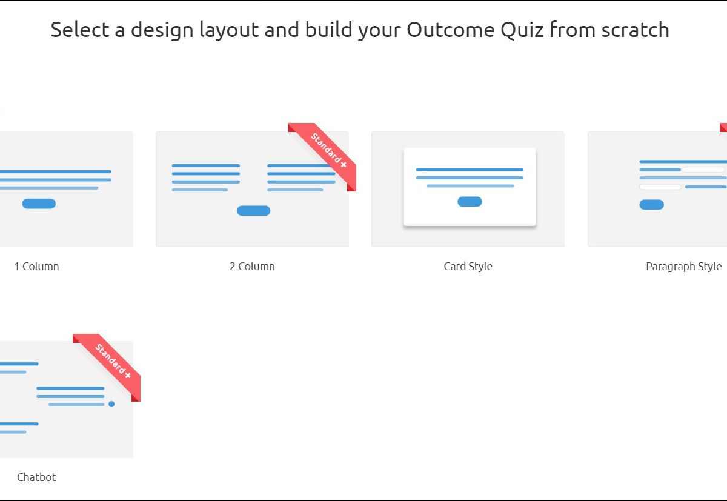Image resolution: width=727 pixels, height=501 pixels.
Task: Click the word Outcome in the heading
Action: click(451, 30)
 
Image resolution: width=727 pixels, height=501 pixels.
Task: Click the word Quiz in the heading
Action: click(522, 30)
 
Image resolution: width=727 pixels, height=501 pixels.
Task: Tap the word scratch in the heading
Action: click(635, 29)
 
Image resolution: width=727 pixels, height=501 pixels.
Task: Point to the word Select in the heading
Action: click(80, 30)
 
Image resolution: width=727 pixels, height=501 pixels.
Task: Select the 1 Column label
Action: click(37, 267)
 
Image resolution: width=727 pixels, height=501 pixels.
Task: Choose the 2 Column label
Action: click(252, 267)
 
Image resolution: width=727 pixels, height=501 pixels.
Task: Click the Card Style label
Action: click(468, 267)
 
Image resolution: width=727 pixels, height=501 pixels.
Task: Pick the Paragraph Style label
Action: click(684, 267)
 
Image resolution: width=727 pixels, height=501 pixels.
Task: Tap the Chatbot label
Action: click(36, 477)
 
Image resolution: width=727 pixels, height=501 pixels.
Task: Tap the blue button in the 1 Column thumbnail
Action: click(39, 204)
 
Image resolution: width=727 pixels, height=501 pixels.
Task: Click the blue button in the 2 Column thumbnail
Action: click(253, 211)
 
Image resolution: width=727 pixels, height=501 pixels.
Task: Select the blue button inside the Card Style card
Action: click(470, 202)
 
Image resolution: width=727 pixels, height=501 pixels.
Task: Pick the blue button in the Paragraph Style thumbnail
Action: click(651, 205)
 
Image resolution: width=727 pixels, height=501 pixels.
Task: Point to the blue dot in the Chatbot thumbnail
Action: click(111, 404)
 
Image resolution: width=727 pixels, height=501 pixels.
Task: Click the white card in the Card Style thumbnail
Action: click(470, 187)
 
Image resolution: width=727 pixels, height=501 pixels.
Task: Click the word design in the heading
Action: click(162, 30)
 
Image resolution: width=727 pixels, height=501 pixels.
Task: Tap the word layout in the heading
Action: click(229, 30)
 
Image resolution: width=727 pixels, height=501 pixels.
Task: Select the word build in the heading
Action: click(328, 29)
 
